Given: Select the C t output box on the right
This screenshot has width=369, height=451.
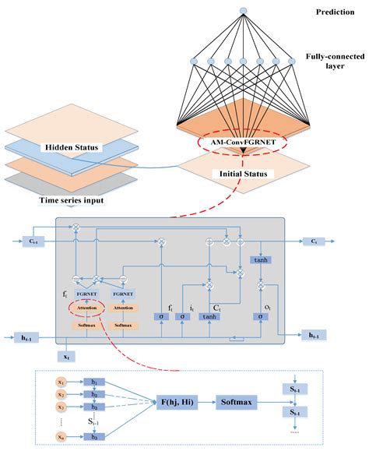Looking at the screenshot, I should click(x=312, y=241).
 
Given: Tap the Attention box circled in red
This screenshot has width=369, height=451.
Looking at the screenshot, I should click(x=87, y=308).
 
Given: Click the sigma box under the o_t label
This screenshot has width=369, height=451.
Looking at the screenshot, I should click(x=259, y=316).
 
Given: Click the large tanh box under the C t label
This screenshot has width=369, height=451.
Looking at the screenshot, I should click(x=209, y=316).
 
